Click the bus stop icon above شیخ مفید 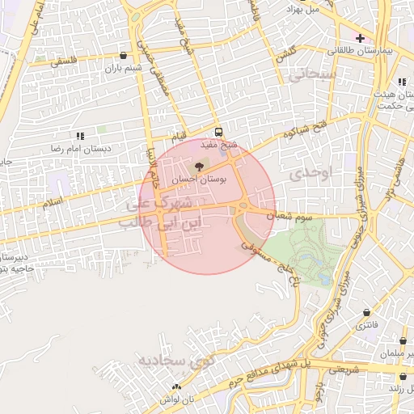coord(218,133)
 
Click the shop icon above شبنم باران coord(122,56)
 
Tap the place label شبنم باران coord(123,69)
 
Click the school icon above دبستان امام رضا coord(79,137)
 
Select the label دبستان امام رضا coord(80,150)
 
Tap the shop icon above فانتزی coord(368,312)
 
